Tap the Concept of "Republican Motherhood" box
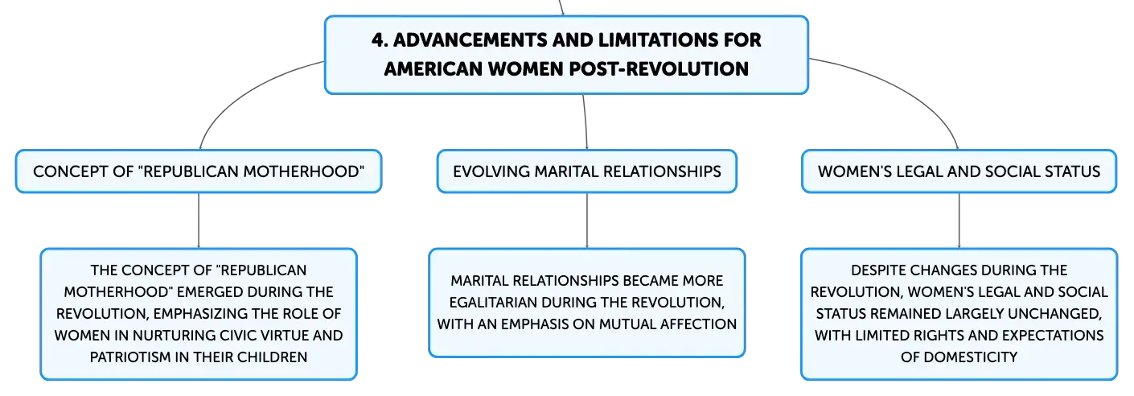pos(199,171)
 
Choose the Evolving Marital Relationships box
pos(587,171)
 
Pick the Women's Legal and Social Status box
pos(959,171)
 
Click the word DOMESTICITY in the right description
pos(971,357)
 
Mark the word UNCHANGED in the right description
pos(1054,314)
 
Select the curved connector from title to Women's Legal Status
pos(906,86)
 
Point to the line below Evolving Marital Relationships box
pos(587,221)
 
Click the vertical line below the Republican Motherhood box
pos(199,221)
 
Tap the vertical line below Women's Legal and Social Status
pos(959,221)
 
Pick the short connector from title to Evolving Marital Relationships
pos(585,122)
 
